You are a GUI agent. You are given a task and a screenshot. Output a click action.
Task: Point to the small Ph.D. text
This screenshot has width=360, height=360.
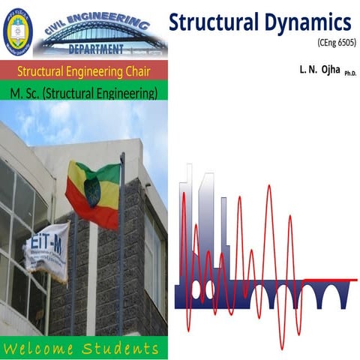coord(350,73)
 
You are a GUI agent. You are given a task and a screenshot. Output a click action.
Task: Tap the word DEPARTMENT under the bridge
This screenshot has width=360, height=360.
coord(96,50)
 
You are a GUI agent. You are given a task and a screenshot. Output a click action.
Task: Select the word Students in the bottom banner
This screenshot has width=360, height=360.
coord(122,349)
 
